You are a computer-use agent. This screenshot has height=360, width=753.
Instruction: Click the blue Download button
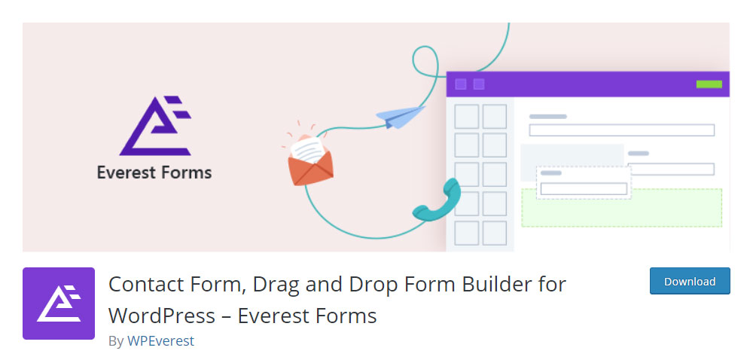point(690,281)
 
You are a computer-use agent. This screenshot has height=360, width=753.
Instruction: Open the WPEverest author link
point(160,341)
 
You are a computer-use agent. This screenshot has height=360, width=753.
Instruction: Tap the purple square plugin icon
point(59,304)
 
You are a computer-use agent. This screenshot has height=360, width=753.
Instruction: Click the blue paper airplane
point(400,117)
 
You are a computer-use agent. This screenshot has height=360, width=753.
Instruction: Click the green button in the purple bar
point(709,84)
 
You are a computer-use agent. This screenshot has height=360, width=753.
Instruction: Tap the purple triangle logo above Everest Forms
point(154,126)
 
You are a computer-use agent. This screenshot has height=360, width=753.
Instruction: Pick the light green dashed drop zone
point(621,208)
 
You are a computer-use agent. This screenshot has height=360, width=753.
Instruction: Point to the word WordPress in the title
point(162,316)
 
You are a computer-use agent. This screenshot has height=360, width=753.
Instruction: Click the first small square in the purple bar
point(461,84)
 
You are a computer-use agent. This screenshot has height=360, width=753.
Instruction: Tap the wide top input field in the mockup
point(621,130)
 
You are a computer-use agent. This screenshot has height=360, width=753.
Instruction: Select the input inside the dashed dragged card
point(584,188)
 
